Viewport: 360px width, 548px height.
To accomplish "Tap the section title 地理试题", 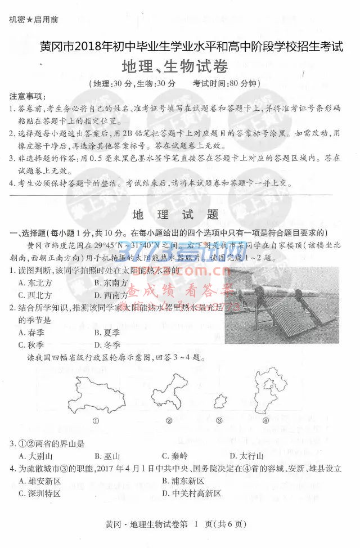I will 175,214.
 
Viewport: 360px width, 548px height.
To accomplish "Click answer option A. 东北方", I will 35,282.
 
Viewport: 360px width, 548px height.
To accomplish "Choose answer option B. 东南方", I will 111,282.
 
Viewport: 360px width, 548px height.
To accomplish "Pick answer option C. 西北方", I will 35,295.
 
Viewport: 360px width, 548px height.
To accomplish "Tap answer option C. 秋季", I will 31,345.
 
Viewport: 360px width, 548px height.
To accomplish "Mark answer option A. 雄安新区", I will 39,481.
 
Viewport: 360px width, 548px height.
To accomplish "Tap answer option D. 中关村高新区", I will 191,493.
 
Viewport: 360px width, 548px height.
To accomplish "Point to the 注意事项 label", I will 28,96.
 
